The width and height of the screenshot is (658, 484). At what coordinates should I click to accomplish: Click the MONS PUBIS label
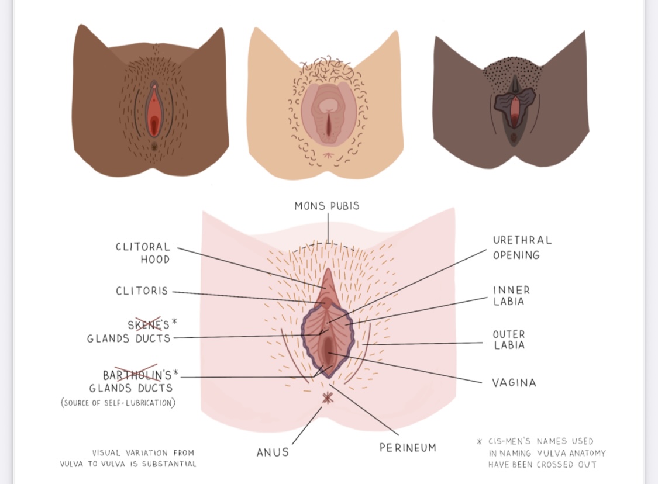point(327,206)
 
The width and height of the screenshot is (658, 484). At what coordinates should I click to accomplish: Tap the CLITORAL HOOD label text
point(143,253)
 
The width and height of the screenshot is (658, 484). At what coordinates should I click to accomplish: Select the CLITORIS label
point(142,291)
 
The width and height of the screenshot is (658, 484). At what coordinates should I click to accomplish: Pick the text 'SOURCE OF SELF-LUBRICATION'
point(118,402)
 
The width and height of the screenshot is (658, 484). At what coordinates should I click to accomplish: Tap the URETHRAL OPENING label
point(522,247)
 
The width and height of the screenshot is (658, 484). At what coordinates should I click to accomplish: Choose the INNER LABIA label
point(511,296)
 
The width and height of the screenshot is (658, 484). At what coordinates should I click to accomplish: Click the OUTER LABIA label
point(509,340)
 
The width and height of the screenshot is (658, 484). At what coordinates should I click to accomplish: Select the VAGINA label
point(514,383)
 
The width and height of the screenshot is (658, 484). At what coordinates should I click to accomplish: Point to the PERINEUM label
point(408,448)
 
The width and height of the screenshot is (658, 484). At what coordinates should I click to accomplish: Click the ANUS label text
point(273,452)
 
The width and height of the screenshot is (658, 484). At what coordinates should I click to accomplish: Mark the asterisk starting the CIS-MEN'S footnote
point(480,442)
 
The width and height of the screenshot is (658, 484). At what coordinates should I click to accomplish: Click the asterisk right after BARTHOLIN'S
point(175,373)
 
